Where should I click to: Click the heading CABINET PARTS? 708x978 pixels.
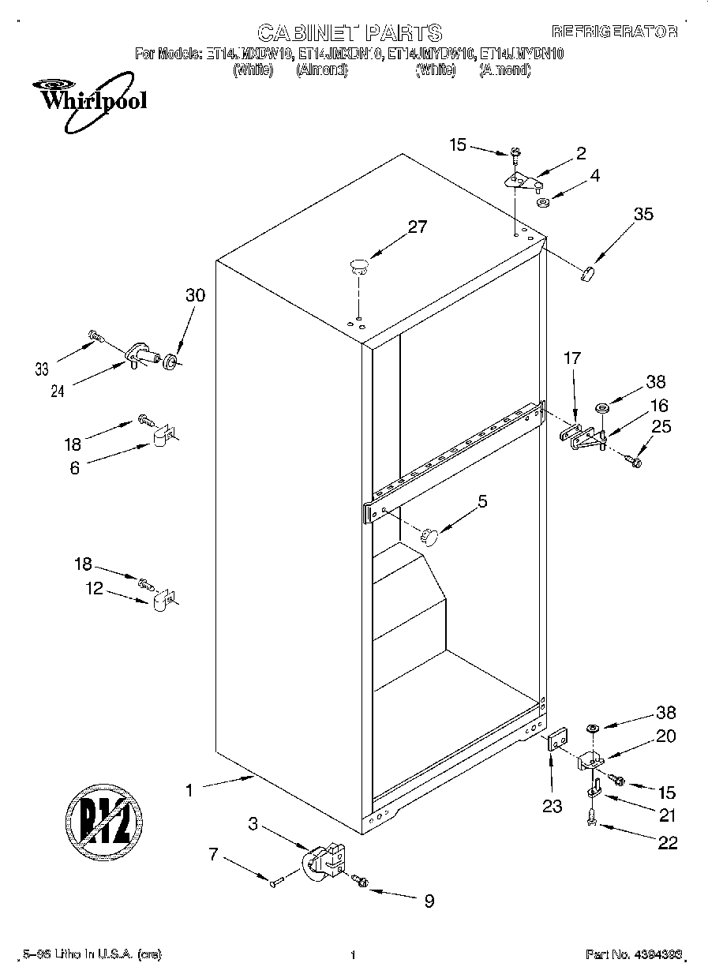(350, 32)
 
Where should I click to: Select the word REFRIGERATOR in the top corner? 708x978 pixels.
(614, 32)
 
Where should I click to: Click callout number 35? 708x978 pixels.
(643, 213)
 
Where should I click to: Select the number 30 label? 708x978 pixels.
(195, 296)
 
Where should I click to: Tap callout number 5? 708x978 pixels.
(482, 500)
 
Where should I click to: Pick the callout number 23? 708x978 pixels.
(552, 806)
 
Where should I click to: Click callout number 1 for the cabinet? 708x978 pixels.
(189, 789)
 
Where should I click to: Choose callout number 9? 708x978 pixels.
(429, 901)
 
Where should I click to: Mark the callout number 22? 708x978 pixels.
(667, 843)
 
